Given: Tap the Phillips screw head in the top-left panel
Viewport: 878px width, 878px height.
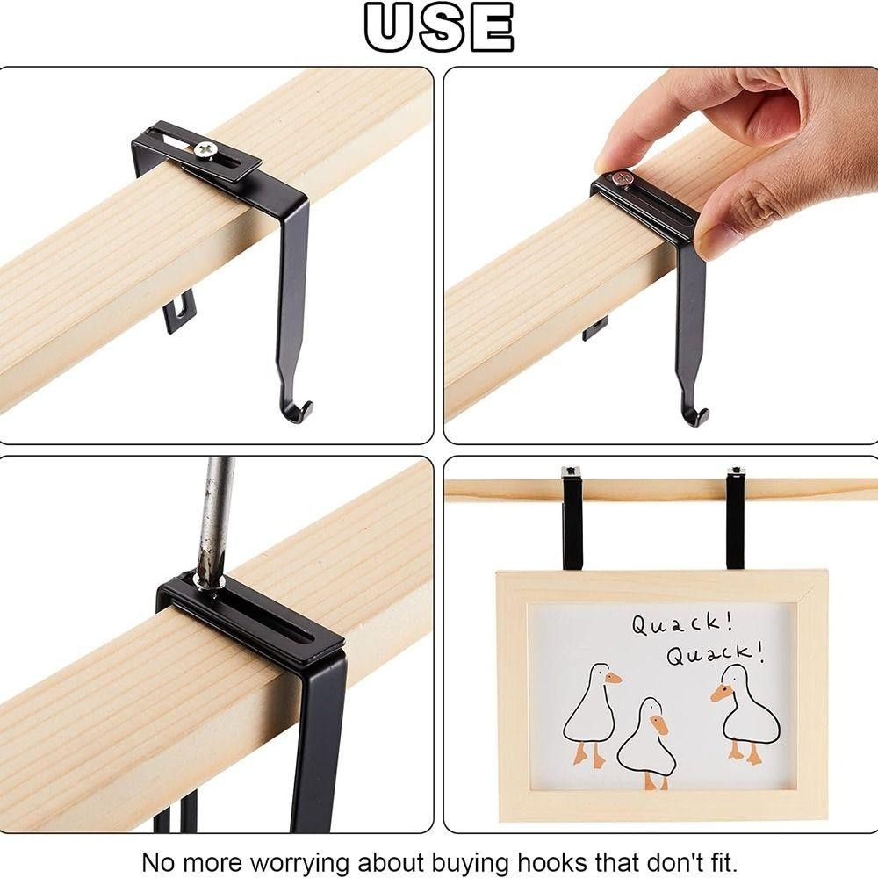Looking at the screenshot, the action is pos(205,149).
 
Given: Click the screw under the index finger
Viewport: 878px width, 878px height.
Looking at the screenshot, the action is pos(622,179).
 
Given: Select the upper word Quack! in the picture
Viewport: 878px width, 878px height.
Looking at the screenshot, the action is pos(682,623).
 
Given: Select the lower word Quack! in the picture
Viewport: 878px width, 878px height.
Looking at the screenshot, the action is pos(715,653).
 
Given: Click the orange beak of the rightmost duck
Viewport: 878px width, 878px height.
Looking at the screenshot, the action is pos(720,693).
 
